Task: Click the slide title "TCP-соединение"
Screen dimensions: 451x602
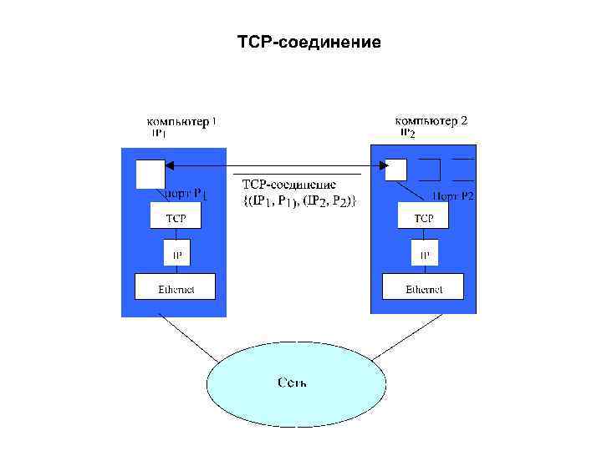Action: tap(309, 41)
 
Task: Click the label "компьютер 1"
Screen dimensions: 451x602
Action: tap(182, 121)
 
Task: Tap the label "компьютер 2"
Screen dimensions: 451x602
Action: tap(431, 121)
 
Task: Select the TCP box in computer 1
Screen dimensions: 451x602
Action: tap(175, 217)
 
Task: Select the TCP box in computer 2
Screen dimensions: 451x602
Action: tap(424, 217)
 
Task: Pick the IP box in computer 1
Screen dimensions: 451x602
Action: tap(175, 253)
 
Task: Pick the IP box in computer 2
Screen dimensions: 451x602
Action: tap(424, 253)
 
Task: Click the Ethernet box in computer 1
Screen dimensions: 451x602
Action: tap(175, 287)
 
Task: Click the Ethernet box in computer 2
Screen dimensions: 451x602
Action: tap(424, 287)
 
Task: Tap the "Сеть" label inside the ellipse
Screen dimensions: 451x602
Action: tap(292, 383)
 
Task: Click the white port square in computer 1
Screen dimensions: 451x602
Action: tap(150, 174)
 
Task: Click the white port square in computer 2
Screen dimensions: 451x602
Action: tap(395, 170)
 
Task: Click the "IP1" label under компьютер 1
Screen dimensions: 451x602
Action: tap(159, 133)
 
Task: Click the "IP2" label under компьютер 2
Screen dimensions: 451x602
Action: tap(406, 133)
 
